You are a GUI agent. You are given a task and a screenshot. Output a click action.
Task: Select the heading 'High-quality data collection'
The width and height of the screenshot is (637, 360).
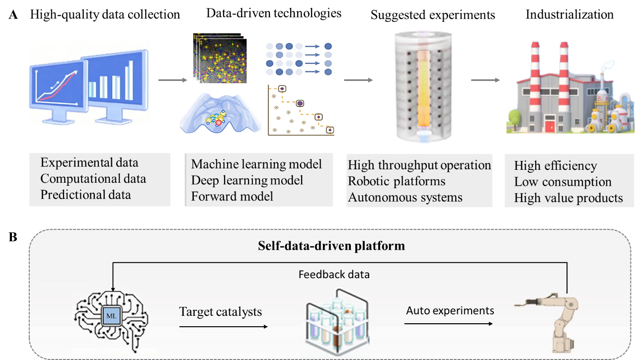click(x=105, y=14)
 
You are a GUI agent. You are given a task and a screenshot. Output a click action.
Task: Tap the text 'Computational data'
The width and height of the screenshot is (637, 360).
click(x=93, y=179)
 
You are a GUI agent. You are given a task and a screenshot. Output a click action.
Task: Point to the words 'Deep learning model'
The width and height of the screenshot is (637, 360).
click(x=247, y=180)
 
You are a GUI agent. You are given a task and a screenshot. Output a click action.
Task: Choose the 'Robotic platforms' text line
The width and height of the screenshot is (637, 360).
click(x=397, y=181)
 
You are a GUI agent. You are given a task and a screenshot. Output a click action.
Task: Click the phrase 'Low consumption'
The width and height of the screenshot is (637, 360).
click(x=562, y=182)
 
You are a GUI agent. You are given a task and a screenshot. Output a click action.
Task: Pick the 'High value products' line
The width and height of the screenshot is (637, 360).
click(x=568, y=198)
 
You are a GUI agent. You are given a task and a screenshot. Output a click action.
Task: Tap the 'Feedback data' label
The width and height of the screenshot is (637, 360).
click(x=334, y=274)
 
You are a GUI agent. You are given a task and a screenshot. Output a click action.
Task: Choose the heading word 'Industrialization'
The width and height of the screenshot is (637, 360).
click(x=569, y=15)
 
